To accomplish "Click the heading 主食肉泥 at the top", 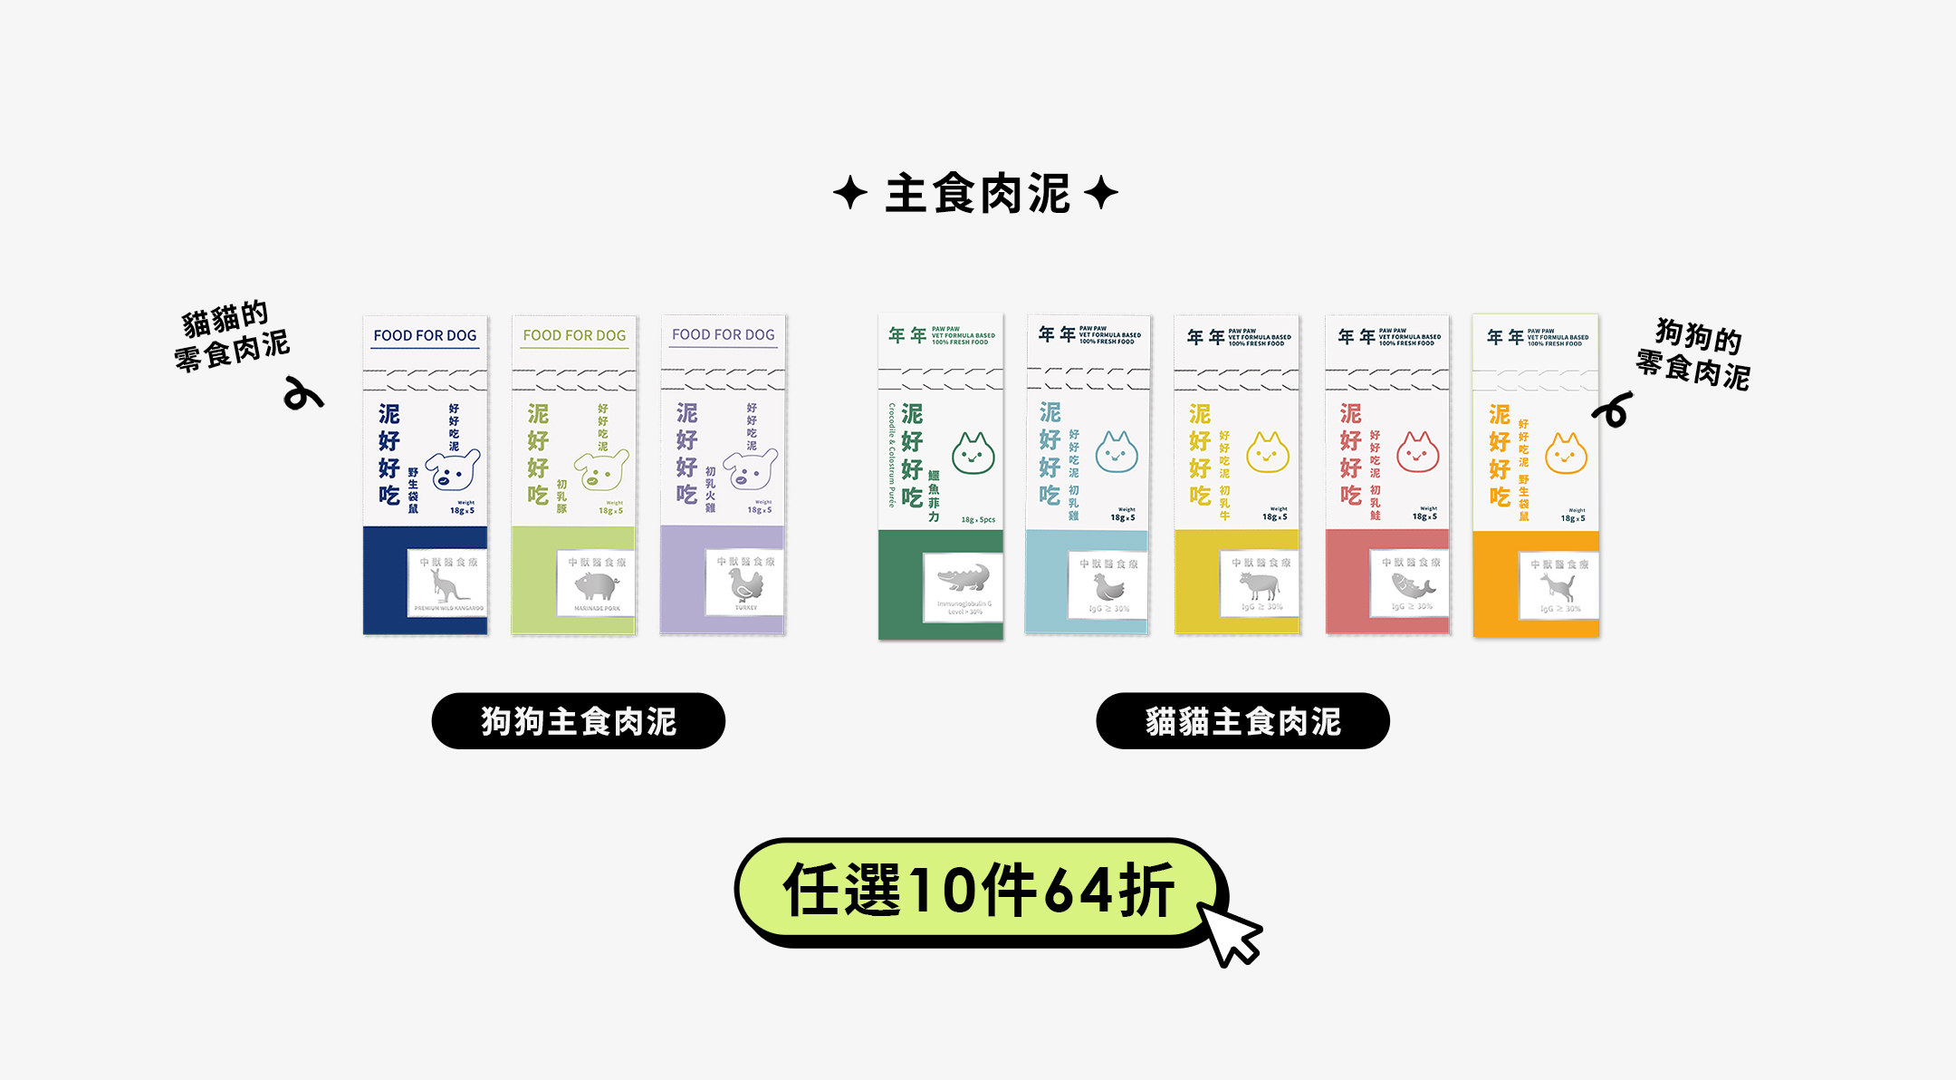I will (x=977, y=194).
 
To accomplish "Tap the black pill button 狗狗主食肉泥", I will (x=578, y=721).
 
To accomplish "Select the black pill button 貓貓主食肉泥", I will (x=1242, y=721).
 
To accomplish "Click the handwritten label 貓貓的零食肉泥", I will (x=231, y=336).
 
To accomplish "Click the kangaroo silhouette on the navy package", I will (x=446, y=585).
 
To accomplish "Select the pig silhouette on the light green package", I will (x=596, y=585).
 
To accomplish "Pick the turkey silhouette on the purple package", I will (x=745, y=584).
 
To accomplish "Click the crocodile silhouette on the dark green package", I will (x=964, y=577).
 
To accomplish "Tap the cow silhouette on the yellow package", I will (x=1260, y=584).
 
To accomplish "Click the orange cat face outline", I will (x=1566, y=454).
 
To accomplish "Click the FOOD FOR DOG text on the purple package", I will (x=723, y=334).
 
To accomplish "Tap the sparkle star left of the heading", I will (x=849, y=193).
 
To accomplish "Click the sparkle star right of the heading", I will (x=1100, y=193).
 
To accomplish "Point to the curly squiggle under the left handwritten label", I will (x=302, y=395).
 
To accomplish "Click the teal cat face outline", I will (x=1117, y=452).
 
